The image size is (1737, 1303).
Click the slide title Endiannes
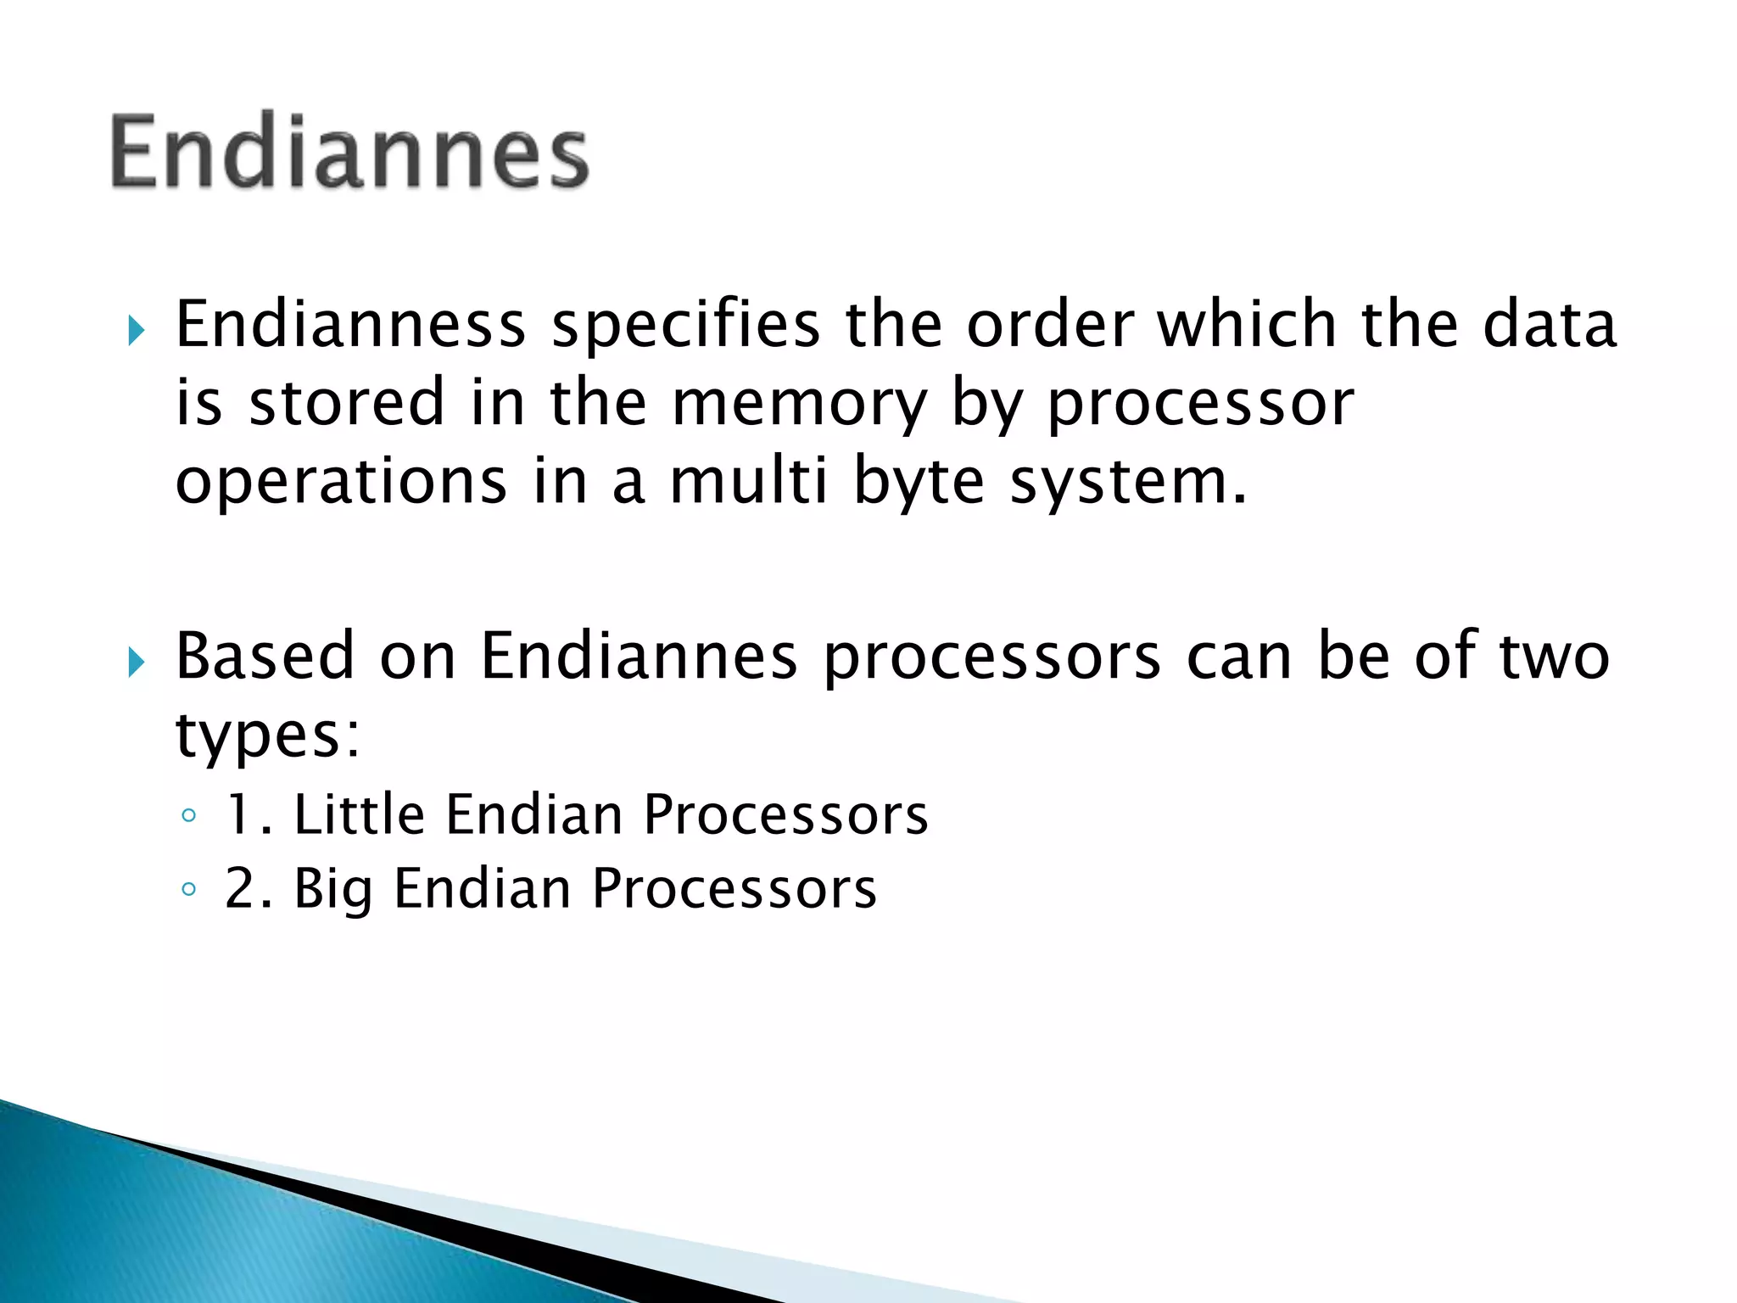[349, 151]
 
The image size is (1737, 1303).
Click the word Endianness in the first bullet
[350, 325]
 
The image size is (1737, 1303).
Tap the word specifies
[685, 327]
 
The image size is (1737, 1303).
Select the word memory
[799, 404]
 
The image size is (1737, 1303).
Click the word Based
[265, 657]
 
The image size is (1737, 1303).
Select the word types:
[268, 736]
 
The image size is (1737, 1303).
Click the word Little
[359, 814]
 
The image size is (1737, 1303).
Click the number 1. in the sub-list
[248, 815]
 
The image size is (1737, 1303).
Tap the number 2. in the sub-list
[248, 890]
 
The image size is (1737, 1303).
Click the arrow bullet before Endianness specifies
[136, 330]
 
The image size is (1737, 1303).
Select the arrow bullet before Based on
[136, 662]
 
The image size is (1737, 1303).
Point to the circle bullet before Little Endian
[188, 816]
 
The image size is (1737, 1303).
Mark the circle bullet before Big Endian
[188, 890]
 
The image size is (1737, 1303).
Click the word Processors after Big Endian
[734, 890]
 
